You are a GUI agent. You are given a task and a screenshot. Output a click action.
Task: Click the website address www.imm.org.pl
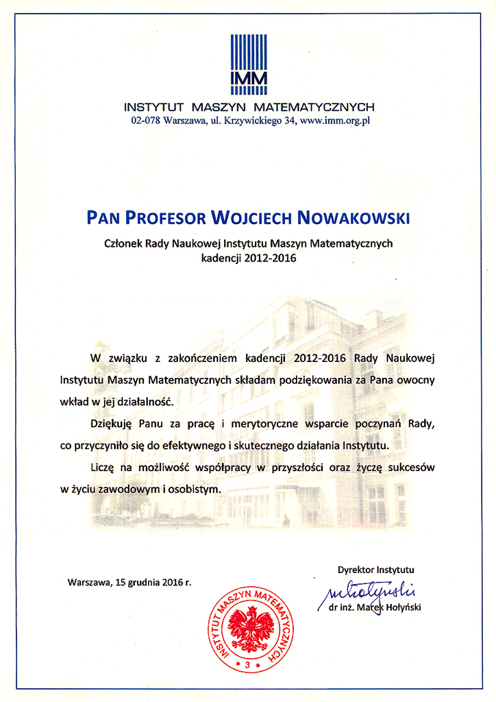click(x=335, y=121)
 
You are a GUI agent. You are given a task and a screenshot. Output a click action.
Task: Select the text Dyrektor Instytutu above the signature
click(x=375, y=569)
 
